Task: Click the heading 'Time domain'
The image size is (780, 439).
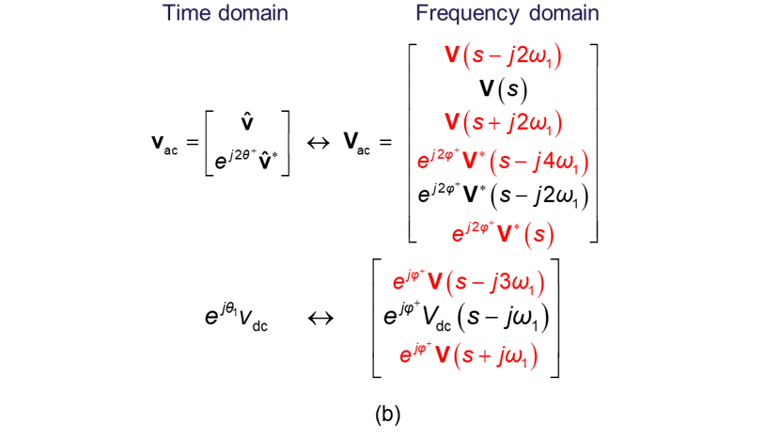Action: pyautogui.click(x=225, y=14)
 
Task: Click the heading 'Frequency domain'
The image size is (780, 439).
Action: pyautogui.click(x=507, y=14)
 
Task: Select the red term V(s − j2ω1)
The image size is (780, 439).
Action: pyautogui.click(x=503, y=55)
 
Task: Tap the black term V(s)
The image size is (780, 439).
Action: pyautogui.click(x=503, y=89)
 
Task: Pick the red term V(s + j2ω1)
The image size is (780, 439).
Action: pyautogui.click(x=503, y=123)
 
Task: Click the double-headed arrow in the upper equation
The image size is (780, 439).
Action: pyautogui.click(x=320, y=143)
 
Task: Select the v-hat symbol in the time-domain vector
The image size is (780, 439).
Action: pyautogui.click(x=246, y=122)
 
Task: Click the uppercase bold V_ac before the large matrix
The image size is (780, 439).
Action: pyautogui.click(x=360, y=143)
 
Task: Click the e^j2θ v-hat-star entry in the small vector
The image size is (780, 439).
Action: pyautogui.click(x=246, y=160)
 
